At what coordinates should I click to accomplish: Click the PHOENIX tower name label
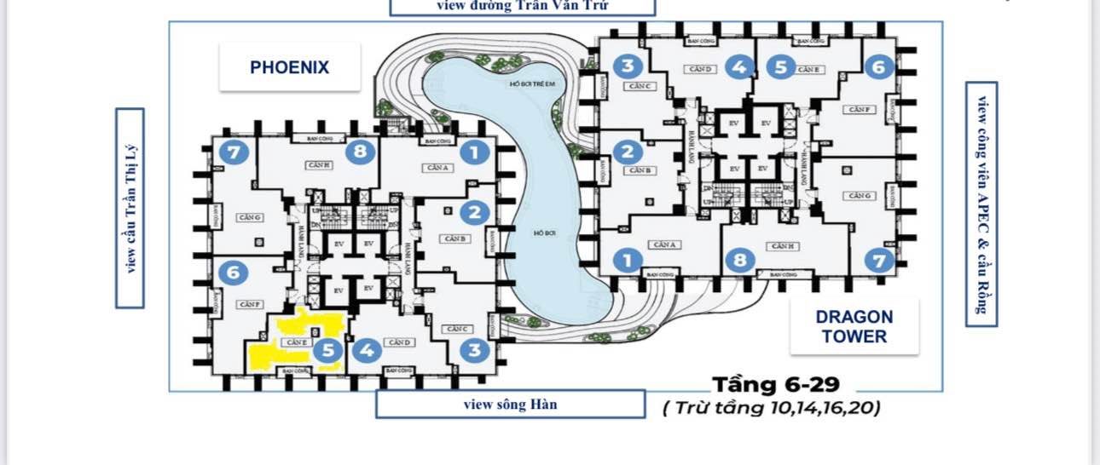click(x=289, y=67)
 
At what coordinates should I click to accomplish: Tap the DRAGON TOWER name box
click(x=854, y=326)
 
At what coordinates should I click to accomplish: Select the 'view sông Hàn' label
click(x=510, y=404)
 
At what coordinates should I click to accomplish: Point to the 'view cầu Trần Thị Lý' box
click(x=130, y=208)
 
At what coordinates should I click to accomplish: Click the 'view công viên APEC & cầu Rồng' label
click(x=981, y=204)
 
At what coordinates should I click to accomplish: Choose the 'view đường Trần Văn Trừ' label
click(x=522, y=6)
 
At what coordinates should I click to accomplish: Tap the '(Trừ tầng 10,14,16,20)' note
click(x=772, y=407)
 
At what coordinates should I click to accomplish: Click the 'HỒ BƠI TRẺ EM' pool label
click(x=532, y=83)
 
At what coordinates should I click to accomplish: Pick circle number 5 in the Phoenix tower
click(x=327, y=350)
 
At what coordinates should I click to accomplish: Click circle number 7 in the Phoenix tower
click(x=233, y=152)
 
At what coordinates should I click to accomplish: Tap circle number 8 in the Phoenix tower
click(x=360, y=152)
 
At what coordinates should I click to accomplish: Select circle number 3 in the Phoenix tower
click(x=474, y=350)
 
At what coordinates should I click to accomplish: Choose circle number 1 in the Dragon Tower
click(x=628, y=260)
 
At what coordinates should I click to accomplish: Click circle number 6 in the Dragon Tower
click(x=878, y=66)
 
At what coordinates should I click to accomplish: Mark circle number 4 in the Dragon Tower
click(x=738, y=66)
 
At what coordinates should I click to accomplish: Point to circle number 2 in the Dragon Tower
click(x=628, y=152)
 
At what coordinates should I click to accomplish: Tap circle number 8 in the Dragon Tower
click(x=740, y=260)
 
